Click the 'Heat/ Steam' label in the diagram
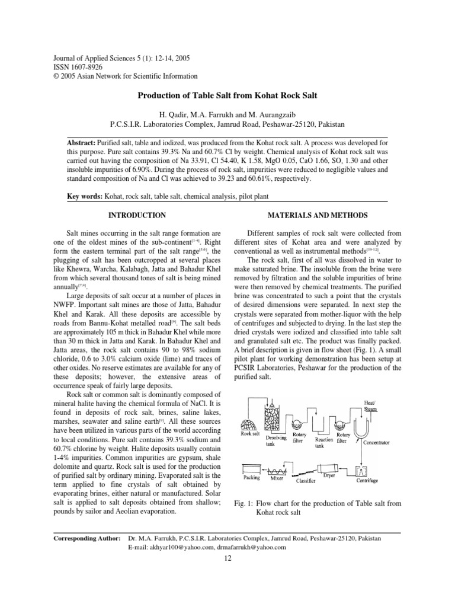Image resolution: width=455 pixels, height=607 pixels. pos(371,405)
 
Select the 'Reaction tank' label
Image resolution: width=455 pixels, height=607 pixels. pos(322,443)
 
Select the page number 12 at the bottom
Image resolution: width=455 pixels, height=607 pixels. pos(227,558)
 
